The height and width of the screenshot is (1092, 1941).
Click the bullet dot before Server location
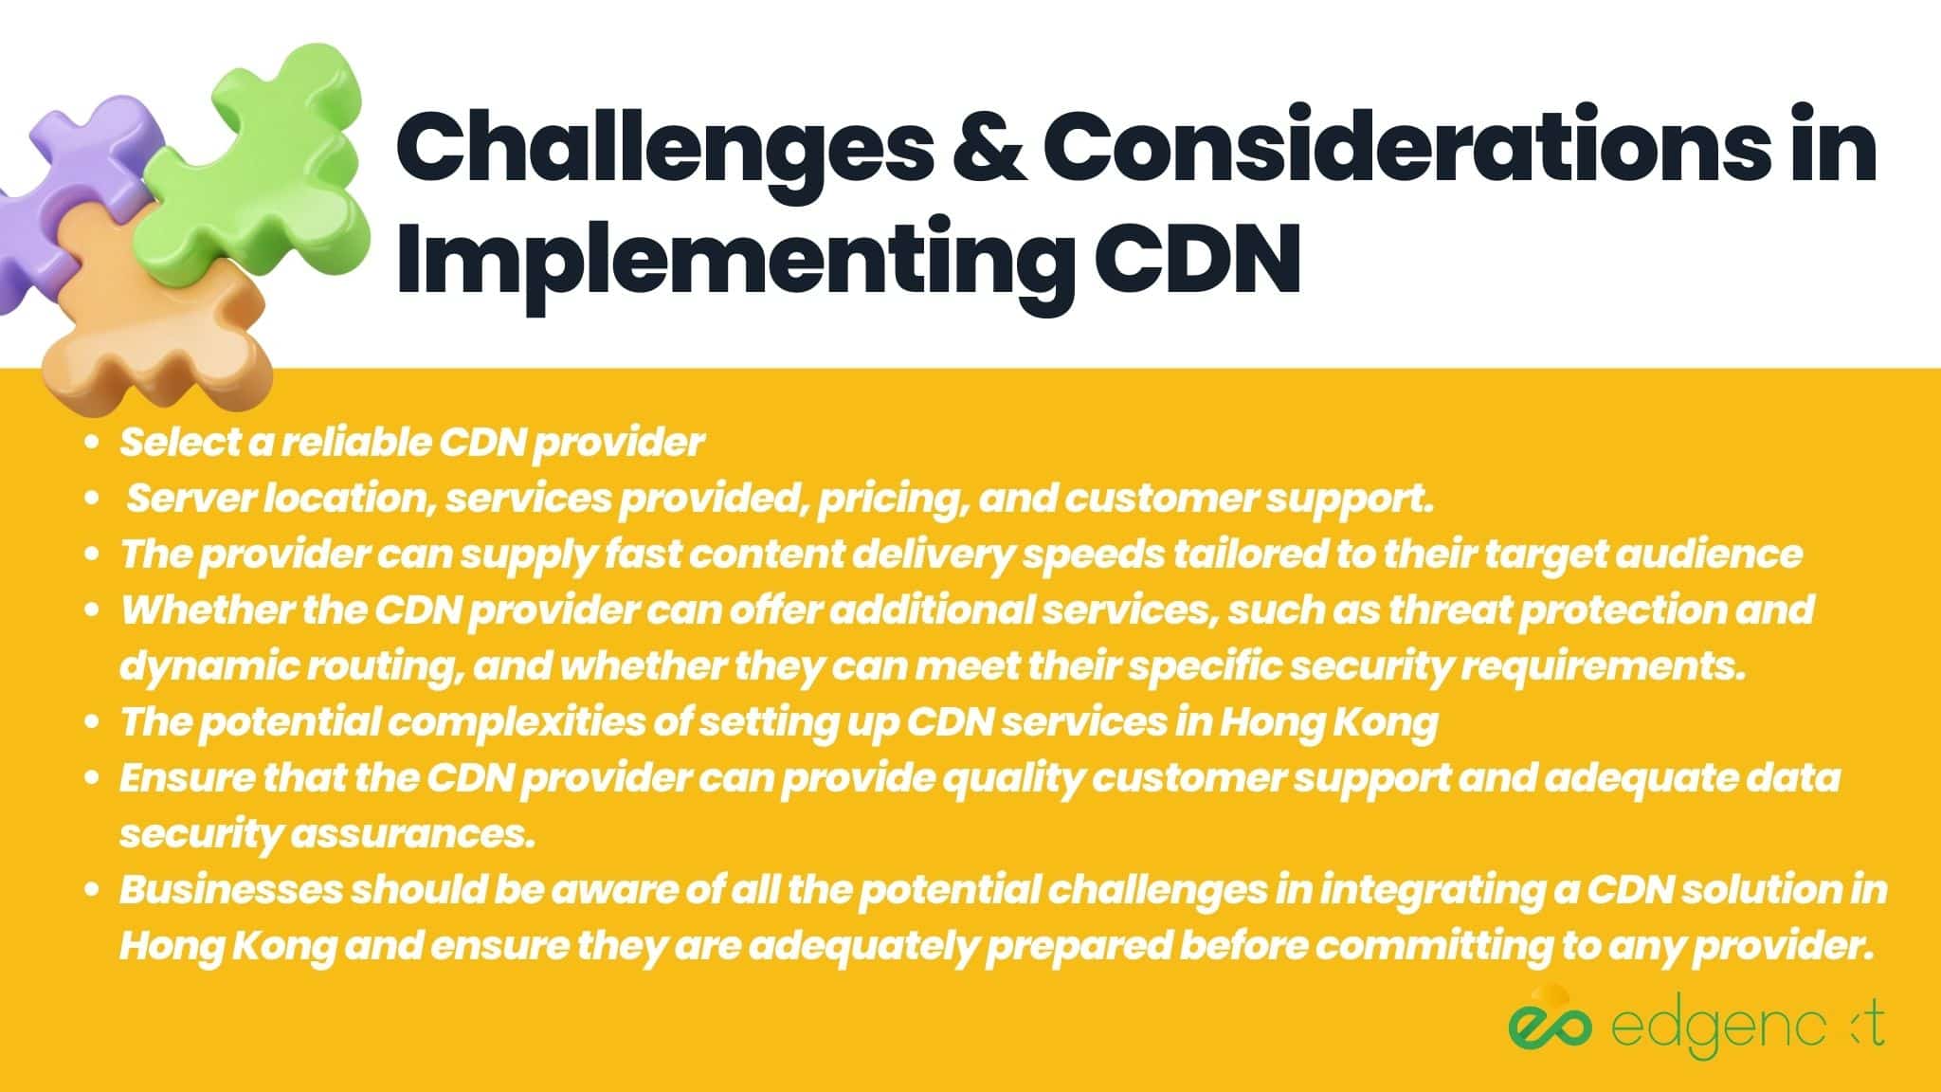click(x=92, y=500)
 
